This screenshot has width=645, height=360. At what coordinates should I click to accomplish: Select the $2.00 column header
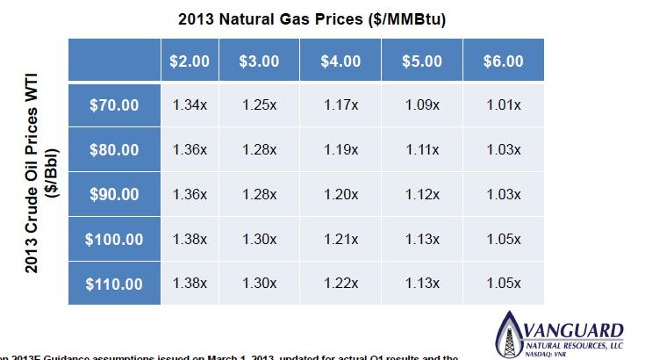click(190, 61)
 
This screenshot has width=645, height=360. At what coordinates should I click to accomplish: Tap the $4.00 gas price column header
click(340, 61)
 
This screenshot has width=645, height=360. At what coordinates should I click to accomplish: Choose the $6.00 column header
click(503, 61)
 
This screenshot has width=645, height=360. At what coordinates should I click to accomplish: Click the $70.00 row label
click(114, 105)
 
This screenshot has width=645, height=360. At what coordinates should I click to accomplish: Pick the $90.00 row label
click(114, 194)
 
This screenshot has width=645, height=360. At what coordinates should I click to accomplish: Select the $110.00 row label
click(114, 284)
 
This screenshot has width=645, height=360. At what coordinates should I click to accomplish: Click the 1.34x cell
click(190, 105)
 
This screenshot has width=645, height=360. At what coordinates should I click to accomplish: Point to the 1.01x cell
click(503, 105)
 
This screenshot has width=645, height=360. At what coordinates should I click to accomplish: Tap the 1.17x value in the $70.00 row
click(340, 105)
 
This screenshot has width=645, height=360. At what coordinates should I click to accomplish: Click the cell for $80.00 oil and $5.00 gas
click(423, 150)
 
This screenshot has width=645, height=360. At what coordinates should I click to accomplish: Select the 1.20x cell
click(340, 194)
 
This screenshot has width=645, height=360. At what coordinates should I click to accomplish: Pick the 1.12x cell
click(423, 194)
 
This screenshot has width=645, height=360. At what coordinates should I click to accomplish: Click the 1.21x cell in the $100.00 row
click(340, 239)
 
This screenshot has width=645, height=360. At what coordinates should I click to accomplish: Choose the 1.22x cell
click(340, 284)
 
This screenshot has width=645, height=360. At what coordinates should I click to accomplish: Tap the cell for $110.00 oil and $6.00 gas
click(503, 284)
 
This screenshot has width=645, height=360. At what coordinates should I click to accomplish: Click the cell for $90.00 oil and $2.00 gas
click(190, 194)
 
